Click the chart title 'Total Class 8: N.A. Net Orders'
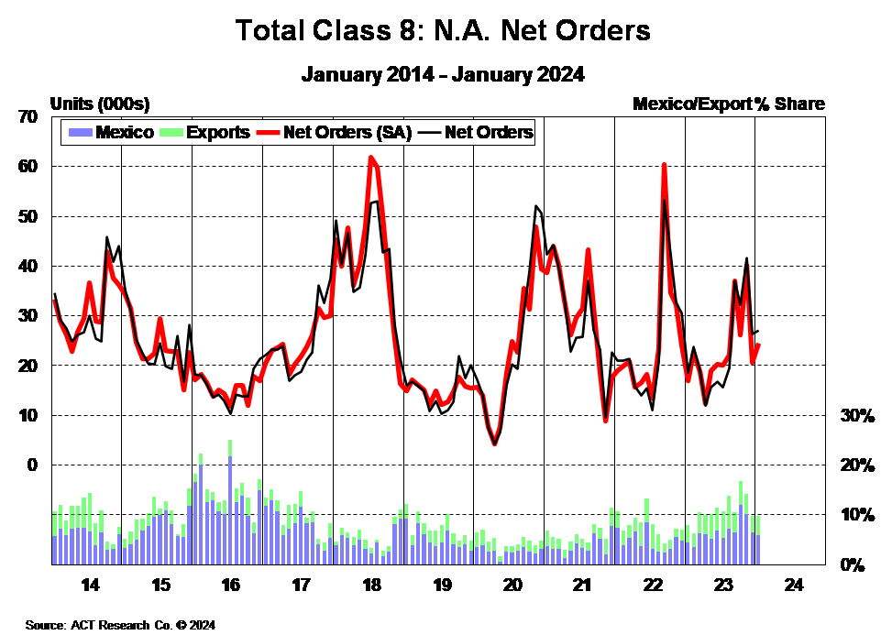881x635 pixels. point(443,30)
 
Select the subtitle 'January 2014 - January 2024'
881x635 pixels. point(443,74)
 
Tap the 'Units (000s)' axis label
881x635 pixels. point(100,104)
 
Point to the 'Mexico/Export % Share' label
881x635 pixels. point(728,104)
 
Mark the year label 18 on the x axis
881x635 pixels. point(372,586)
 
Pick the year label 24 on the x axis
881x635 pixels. point(794,586)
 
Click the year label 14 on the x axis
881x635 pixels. point(90,586)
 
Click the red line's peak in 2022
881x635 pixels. point(663,165)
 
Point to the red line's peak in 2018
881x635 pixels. point(371,158)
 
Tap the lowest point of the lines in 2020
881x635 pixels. point(494,444)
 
